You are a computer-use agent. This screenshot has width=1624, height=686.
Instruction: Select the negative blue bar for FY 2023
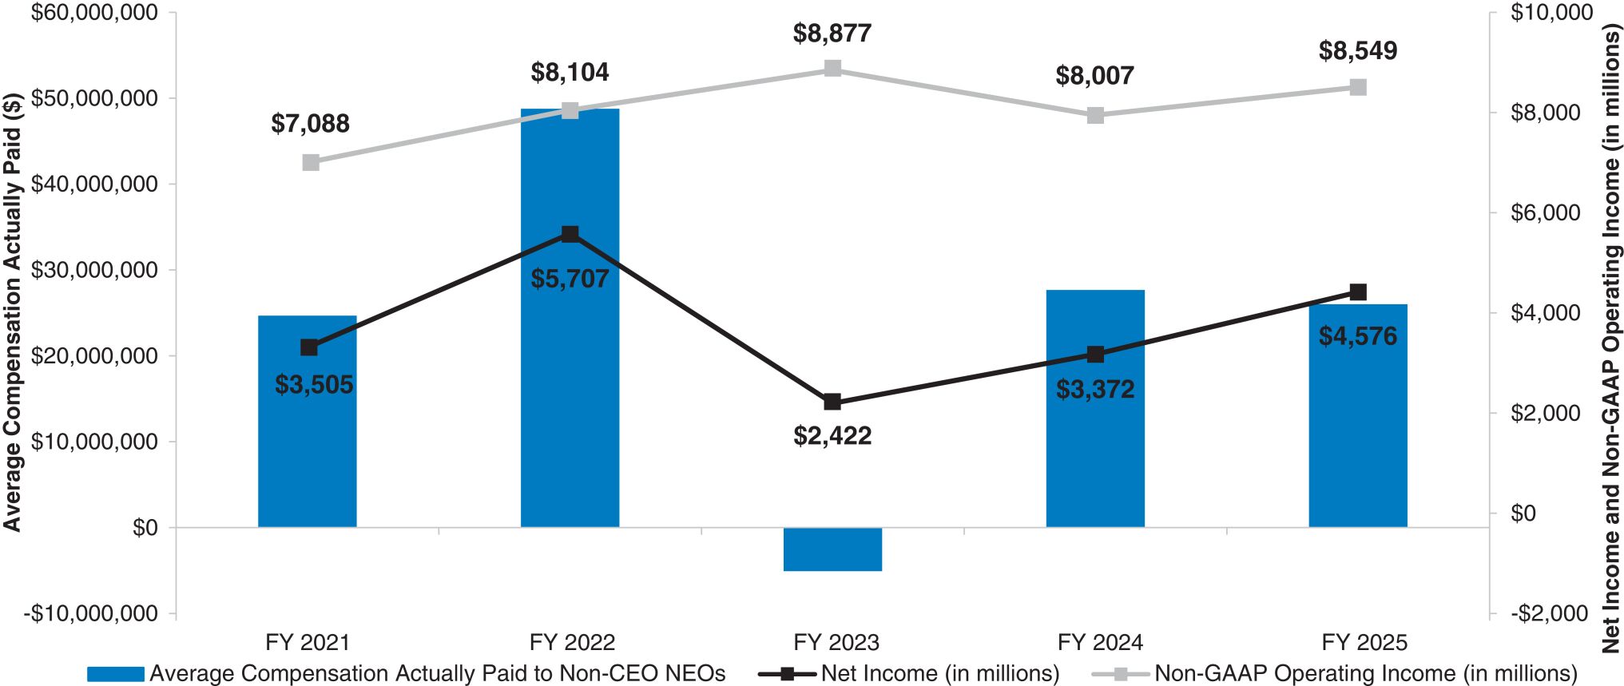coord(832,549)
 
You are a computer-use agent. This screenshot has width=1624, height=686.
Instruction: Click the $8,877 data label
coord(832,34)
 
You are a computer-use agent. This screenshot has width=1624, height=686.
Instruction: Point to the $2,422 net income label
coord(832,436)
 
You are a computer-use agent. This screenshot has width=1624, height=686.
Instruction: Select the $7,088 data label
coord(310,124)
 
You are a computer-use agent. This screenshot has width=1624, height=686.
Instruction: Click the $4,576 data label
coord(1358,336)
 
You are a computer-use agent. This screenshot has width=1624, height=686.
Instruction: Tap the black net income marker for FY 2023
coord(832,402)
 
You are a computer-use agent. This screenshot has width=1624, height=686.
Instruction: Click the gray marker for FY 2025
coord(1358,87)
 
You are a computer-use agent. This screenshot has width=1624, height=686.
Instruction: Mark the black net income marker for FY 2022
coord(570,234)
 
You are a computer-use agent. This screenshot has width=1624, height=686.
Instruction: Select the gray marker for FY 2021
coord(311,163)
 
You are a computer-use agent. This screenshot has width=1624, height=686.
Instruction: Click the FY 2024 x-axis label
coord(1100,643)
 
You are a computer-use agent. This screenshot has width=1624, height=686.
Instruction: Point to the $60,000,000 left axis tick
coord(94,13)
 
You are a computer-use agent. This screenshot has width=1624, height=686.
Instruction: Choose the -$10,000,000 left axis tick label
coord(89,613)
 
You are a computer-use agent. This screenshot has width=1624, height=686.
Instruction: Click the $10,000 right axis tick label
coord(1551,13)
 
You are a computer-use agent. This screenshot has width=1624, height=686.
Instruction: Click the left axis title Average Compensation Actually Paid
coord(12,311)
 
